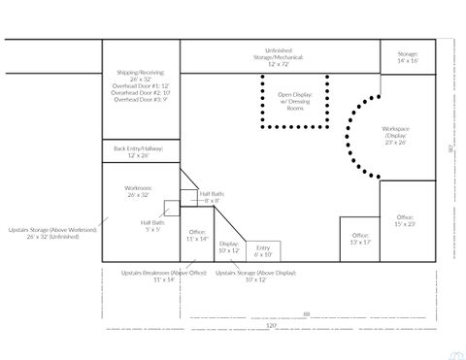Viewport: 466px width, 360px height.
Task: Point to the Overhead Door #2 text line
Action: [x=141, y=92]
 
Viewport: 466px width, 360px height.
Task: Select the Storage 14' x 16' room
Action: [x=407, y=56]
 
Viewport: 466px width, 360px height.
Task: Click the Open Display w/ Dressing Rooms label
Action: [x=296, y=101]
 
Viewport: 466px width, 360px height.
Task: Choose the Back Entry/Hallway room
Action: [x=140, y=151]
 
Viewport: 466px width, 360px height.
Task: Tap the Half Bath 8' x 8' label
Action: [x=212, y=197]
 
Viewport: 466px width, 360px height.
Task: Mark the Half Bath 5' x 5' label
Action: [x=152, y=226]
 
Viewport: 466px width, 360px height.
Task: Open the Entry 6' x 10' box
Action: [x=262, y=251]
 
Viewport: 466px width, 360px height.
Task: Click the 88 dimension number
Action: [x=306, y=313]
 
